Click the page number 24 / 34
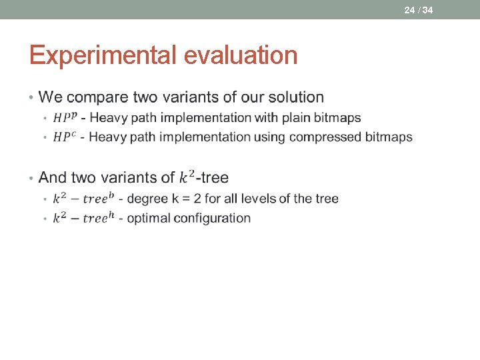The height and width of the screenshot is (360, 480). click(418, 9)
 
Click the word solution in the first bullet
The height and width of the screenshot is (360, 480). click(296, 97)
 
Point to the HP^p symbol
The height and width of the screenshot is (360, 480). click(65, 117)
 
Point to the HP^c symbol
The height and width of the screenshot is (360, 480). click(65, 137)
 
